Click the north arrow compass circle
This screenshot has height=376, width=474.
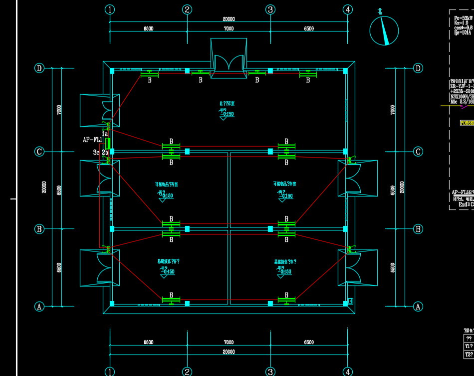[384, 30]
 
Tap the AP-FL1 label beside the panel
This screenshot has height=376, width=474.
[92, 140]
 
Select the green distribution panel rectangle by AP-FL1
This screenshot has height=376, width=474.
[108, 143]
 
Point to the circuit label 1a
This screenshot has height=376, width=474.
[105, 133]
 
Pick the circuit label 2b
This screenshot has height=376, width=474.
[105, 152]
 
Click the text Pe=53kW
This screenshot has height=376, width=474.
[462, 17]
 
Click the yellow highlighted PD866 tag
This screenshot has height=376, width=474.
[467, 122]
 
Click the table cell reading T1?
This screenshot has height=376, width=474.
[469, 346]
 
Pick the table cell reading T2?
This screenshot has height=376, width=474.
[469, 354]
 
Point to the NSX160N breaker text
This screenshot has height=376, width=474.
[462, 96]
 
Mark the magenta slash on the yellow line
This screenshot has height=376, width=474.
[465, 106]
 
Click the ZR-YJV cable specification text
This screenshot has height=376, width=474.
[462, 86]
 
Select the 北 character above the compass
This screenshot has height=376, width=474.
[381, 11]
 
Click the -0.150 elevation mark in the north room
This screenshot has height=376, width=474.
[227, 114]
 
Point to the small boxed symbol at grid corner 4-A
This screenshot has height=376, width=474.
[351, 301]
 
